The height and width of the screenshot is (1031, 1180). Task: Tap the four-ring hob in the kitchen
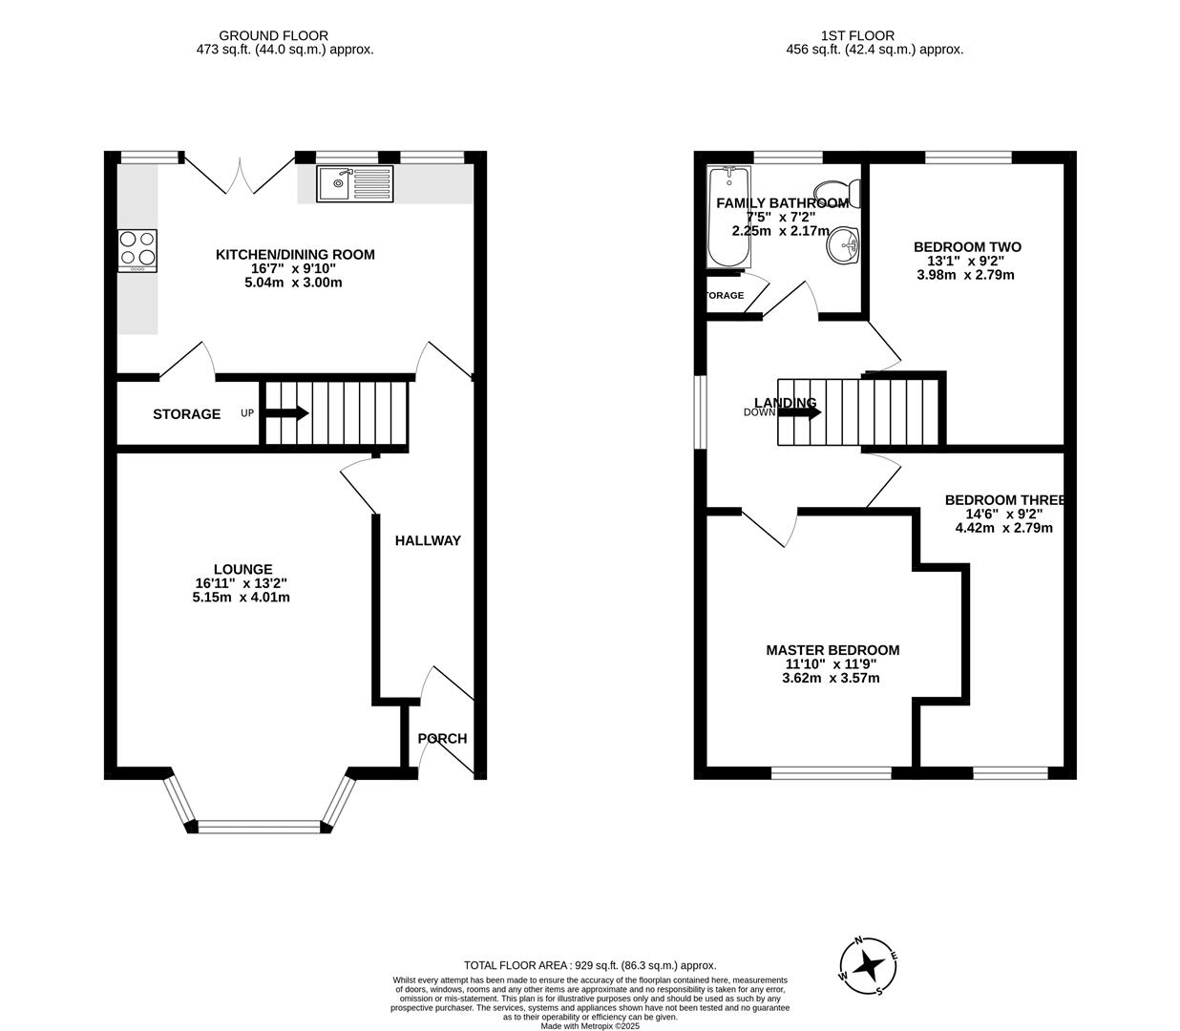137,249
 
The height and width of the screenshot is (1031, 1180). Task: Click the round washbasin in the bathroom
844,244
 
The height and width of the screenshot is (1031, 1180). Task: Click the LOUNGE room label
241,569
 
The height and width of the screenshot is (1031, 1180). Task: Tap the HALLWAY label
428,540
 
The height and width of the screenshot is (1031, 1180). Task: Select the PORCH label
442,738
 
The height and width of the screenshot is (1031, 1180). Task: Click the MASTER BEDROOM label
832,650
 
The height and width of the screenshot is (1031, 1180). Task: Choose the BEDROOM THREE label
1004,500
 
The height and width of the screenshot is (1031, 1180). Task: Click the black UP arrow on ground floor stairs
286,413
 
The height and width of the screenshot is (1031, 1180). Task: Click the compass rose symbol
868,966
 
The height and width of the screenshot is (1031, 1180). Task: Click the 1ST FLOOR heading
857,36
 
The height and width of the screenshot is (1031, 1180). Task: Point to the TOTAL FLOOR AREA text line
589,965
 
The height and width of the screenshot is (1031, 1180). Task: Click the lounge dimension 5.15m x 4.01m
241,598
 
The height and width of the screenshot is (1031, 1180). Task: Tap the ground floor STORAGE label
186,414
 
